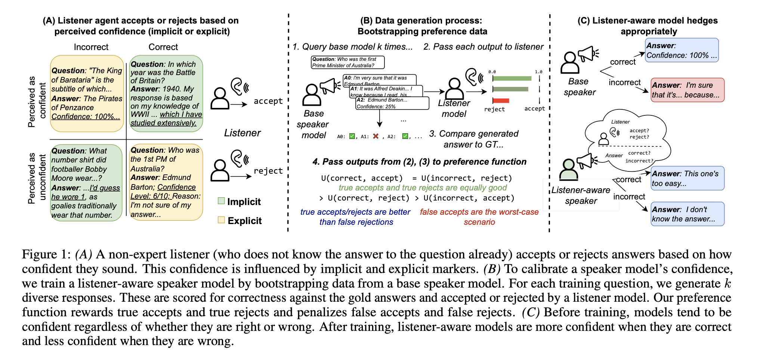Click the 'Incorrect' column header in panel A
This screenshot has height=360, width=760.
pyautogui.click(x=91, y=47)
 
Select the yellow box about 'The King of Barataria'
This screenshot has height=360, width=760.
pyautogui.click(x=87, y=93)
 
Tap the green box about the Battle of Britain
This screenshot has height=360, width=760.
pyautogui.click(x=166, y=93)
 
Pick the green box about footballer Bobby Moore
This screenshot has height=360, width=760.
pyautogui.click(x=86, y=183)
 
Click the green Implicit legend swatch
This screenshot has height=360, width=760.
pyautogui.click(x=221, y=201)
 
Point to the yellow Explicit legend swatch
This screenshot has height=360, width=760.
pyautogui.click(x=221, y=220)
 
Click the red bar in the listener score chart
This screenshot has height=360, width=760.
pyautogui.click(x=501, y=100)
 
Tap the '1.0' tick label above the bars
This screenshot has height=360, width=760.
pyautogui.click(x=538, y=72)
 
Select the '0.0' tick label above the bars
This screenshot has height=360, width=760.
pyautogui.click(x=492, y=72)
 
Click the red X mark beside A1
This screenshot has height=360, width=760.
pyautogui.click(x=376, y=136)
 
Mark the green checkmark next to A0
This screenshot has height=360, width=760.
pyautogui.click(x=352, y=136)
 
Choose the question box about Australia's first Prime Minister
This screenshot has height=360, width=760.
pyautogui.click(x=347, y=62)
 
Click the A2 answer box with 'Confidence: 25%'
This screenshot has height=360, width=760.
pyautogui.click(x=392, y=103)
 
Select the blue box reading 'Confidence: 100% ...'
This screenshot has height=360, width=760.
pyautogui.click(x=682, y=50)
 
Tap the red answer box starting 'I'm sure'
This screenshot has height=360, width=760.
pyautogui.click(x=687, y=90)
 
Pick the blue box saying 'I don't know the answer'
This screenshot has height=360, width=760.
pyautogui.click(x=687, y=214)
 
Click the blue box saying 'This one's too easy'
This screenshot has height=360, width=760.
pyautogui.click(x=687, y=178)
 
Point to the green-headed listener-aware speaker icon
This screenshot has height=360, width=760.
pyautogui.click(x=568, y=170)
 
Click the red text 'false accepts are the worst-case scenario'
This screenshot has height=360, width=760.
pyautogui.click(x=479, y=217)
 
